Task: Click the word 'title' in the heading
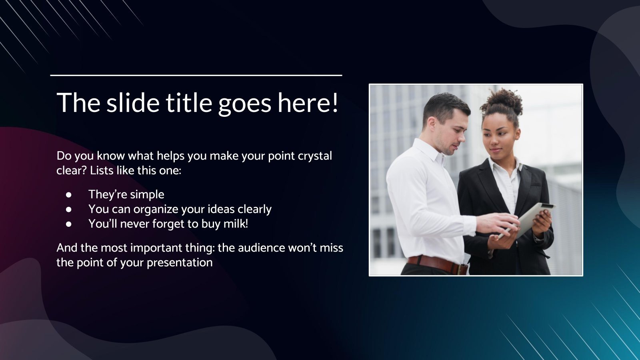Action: pos(189,102)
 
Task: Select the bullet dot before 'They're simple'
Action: pos(69,194)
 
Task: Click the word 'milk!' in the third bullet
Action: pos(236,224)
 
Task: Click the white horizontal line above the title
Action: pos(196,75)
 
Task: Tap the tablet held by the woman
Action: pos(532,218)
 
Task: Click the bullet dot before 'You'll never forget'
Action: pos(69,224)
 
